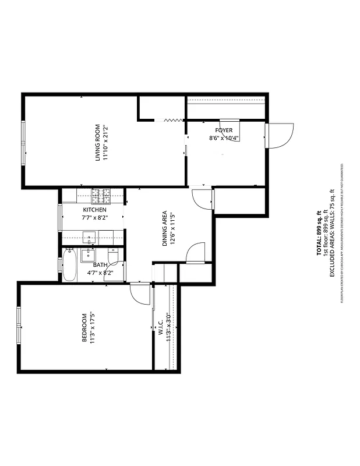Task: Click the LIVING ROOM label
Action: [x=98, y=143]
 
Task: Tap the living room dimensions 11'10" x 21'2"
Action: [x=105, y=143]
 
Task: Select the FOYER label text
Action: [x=224, y=130]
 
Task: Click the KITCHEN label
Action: [x=94, y=210]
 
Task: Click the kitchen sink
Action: [x=89, y=237]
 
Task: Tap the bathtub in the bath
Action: [x=69, y=265]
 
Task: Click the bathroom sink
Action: [x=89, y=254]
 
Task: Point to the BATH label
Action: [x=100, y=264]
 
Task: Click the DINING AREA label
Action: [x=165, y=228]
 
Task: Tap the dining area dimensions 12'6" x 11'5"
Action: [x=172, y=228]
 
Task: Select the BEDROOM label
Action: [x=84, y=328]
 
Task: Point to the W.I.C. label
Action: [x=160, y=327]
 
